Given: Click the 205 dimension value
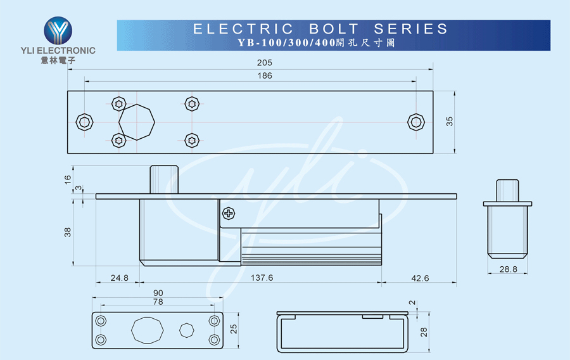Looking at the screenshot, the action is point(264,63).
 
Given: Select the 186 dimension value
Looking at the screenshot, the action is point(264,75).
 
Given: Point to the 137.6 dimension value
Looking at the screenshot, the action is point(262,278).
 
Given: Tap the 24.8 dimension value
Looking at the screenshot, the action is point(119,278).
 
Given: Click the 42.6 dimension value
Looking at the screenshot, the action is point(420,278).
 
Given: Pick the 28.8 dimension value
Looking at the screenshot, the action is point(508,269).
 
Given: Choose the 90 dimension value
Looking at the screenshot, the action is point(158,293).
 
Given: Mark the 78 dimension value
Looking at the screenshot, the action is point(158,302).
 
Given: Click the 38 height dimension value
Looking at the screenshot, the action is point(68,233).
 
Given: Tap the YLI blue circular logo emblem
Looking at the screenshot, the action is point(58,30).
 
